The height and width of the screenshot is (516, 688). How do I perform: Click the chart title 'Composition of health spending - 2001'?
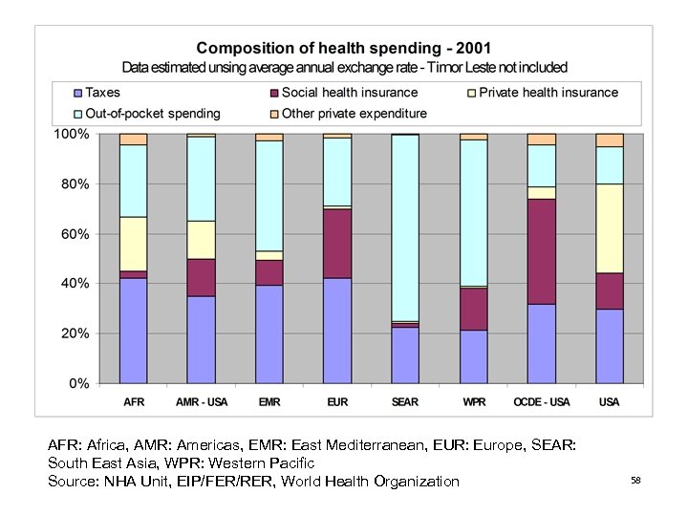(x=344, y=48)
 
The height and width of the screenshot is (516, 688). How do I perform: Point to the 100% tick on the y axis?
(x=72, y=135)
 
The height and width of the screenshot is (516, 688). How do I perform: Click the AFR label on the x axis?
(x=134, y=401)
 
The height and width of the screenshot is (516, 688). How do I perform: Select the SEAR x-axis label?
(x=405, y=401)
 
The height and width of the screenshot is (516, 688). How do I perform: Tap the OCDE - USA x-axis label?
(x=542, y=401)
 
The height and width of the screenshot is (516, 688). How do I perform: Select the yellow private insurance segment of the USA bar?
(x=610, y=228)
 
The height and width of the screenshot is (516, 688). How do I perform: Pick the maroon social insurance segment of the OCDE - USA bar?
(x=542, y=251)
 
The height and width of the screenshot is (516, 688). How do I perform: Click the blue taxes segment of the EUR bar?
(x=337, y=331)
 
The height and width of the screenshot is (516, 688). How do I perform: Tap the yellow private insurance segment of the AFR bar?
(x=134, y=244)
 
